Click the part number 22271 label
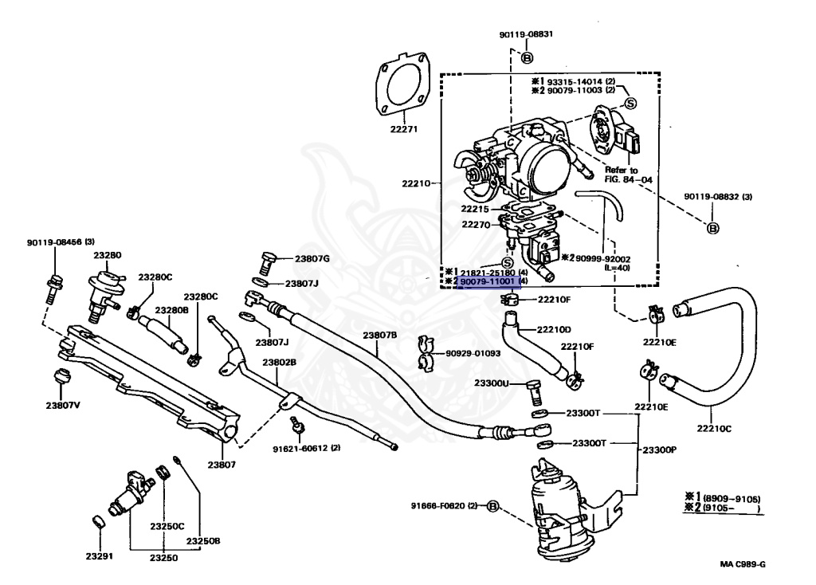coord(404,129)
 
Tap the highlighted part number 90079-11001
coord(488,281)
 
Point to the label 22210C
coord(714,429)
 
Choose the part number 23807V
coord(63,405)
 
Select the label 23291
coord(100,556)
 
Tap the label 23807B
coord(380,336)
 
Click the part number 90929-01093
coord(473,353)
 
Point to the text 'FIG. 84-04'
coord(628,179)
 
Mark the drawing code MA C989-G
coord(743,564)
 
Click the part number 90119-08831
coord(526,34)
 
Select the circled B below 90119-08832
coord(713,227)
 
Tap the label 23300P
coord(659,450)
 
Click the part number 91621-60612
coord(300,448)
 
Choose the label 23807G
coord(312,259)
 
